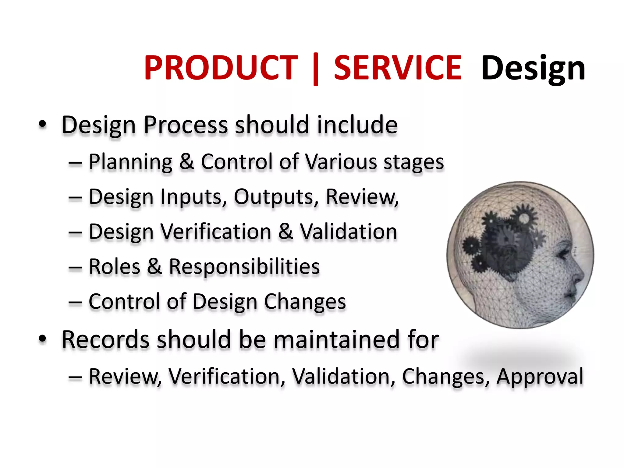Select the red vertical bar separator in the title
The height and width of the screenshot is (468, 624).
(x=316, y=69)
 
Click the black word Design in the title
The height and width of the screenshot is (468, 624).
(x=533, y=69)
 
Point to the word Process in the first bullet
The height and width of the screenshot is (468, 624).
(x=186, y=125)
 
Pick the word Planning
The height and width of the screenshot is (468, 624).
(x=130, y=162)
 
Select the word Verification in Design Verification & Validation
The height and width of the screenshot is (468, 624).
(x=216, y=232)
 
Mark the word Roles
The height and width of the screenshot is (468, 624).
(x=114, y=267)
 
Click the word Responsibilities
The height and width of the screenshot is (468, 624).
(x=244, y=267)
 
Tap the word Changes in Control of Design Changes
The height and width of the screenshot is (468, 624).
(x=305, y=302)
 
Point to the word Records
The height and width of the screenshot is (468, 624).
(x=105, y=339)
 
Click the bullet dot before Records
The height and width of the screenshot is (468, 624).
(x=42, y=339)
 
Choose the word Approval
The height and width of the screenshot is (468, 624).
(x=540, y=377)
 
